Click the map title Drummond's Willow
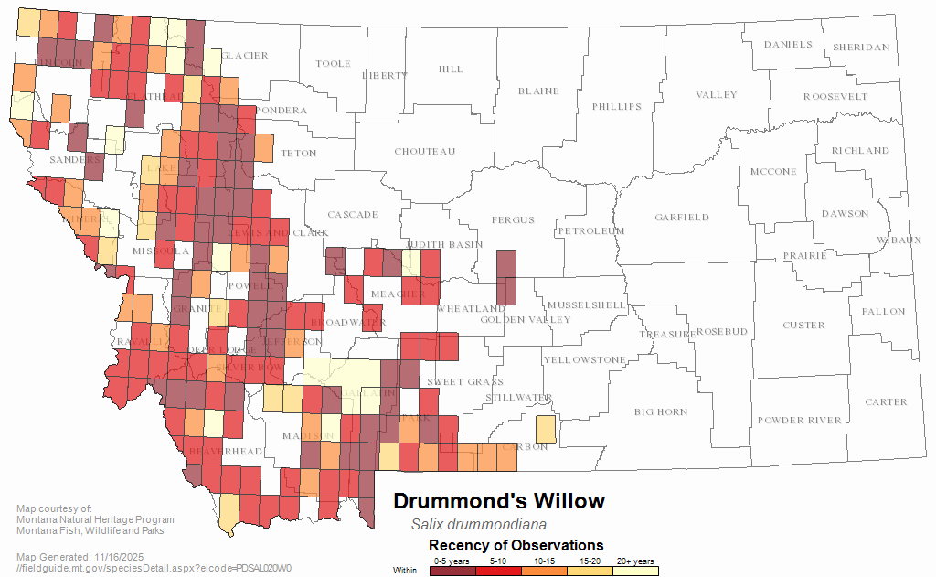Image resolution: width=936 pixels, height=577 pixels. (x=498, y=501)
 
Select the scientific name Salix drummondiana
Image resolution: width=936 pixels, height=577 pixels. (x=478, y=525)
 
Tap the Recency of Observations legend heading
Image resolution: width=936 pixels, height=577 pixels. (x=516, y=545)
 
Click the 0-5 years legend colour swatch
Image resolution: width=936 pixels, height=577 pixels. (x=452, y=571)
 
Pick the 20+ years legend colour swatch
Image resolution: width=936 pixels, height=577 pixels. (x=634, y=571)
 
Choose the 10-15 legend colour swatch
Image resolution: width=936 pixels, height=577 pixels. (x=543, y=571)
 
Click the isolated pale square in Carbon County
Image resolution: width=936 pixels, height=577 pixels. (x=544, y=430)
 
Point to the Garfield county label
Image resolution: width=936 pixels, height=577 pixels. (x=681, y=218)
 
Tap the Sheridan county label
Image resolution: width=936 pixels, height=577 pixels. (x=859, y=48)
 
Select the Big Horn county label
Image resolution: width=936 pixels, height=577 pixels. (x=661, y=412)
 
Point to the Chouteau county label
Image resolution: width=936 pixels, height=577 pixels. (x=424, y=152)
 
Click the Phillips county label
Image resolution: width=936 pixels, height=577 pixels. (x=616, y=107)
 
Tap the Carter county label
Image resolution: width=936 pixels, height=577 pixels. (x=886, y=402)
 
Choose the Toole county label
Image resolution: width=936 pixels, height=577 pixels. (x=333, y=64)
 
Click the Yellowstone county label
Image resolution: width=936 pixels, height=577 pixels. (x=585, y=360)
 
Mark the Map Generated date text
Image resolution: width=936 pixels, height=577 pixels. (x=80, y=557)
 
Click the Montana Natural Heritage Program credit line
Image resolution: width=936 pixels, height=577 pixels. (x=95, y=520)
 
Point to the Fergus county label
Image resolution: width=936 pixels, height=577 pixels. (x=512, y=220)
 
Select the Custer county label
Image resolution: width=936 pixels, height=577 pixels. (x=803, y=326)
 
